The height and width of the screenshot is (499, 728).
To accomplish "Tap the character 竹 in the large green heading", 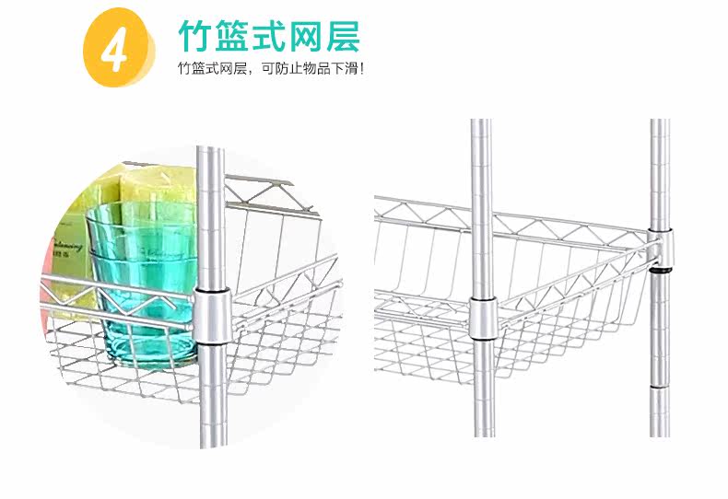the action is [196, 37].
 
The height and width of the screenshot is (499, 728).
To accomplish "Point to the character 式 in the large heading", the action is [277, 37].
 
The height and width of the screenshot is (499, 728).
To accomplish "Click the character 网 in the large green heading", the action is [318, 37].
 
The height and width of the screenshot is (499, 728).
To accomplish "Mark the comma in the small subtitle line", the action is [252, 71].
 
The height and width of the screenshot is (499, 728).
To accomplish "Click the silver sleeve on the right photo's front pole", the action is [481, 318].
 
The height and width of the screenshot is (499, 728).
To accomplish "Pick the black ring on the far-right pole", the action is [659, 272].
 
